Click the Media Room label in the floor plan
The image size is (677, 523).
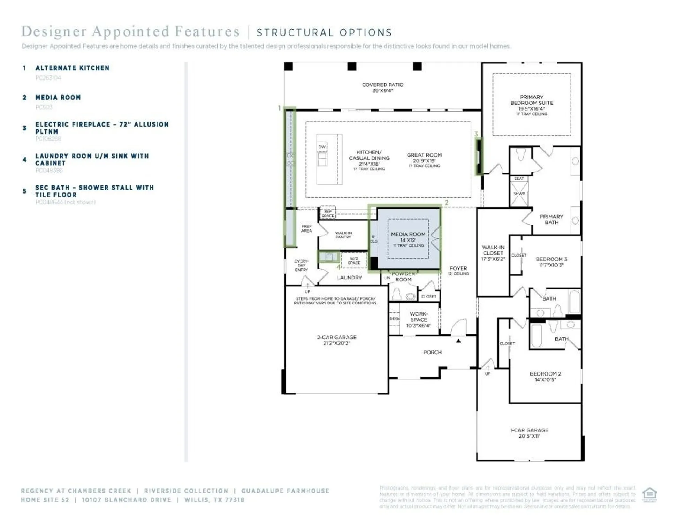tap(408, 234)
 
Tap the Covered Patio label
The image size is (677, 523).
tap(382, 85)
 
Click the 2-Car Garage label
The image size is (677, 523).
tap(336, 337)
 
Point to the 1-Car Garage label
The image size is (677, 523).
tap(529, 430)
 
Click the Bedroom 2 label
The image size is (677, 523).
tap(545, 374)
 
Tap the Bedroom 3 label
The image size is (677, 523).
tap(551, 259)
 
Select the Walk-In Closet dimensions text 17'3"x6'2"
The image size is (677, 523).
tap(493, 259)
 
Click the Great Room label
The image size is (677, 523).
tap(424, 155)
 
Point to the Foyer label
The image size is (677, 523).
tap(458, 268)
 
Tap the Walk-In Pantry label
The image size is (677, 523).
tap(343, 235)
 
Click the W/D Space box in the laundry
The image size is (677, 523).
tap(354, 260)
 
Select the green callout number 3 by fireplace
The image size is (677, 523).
tap(476, 134)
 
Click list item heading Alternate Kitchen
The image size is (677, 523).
tap(73, 68)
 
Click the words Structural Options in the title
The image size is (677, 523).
tap(324, 32)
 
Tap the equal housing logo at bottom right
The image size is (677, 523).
tap(649, 494)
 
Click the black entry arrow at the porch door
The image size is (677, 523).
tap(458, 341)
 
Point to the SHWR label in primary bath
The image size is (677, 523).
tap(519, 194)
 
